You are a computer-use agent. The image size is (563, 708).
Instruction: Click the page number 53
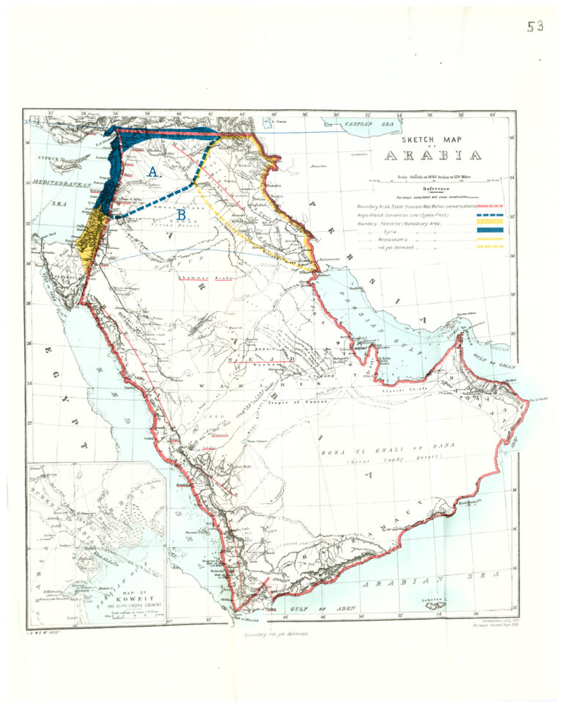coord(535,26)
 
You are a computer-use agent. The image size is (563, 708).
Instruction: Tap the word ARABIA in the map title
coord(433,156)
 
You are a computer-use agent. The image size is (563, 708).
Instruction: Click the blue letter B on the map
coord(180,215)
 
